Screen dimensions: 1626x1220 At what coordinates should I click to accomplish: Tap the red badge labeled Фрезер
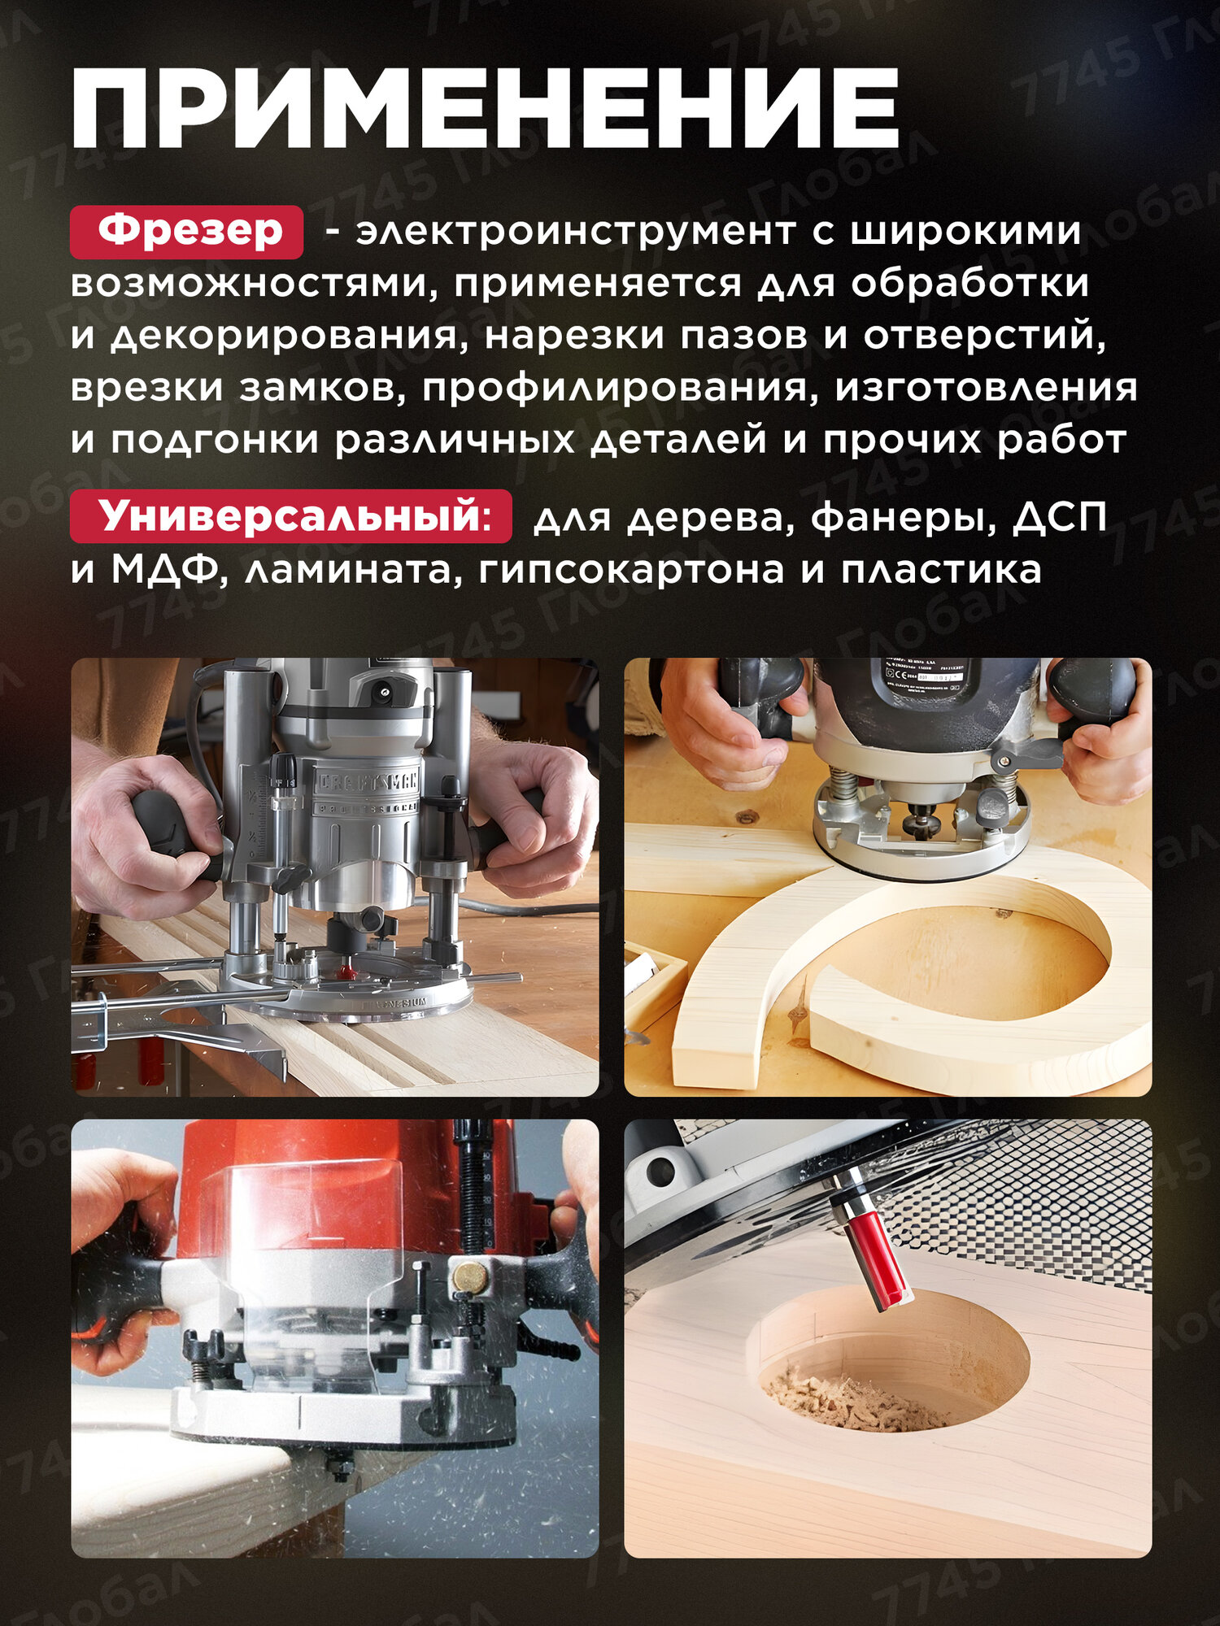(187, 232)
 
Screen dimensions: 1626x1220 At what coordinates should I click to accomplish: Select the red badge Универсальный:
(291, 515)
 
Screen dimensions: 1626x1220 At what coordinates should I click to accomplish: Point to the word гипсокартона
(631, 569)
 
